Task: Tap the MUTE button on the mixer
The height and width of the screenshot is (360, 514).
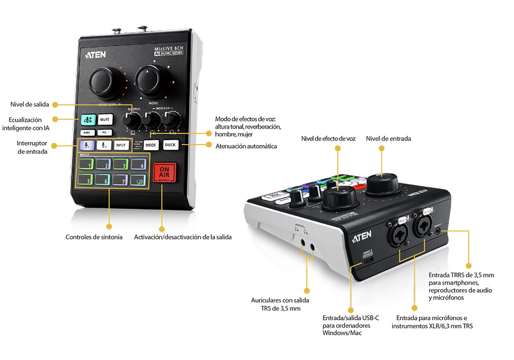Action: [x=104, y=119]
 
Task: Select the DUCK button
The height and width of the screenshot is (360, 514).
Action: [x=170, y=145]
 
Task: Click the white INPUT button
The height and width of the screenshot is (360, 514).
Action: [x=121, y=146]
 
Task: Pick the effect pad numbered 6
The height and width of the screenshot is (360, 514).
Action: [x=103, y=181]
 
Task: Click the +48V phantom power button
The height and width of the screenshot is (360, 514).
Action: [x=86, y=132]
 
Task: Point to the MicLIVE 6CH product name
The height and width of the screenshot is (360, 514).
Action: [x=170, y=49]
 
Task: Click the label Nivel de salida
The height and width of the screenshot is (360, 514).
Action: [x=30, y=104]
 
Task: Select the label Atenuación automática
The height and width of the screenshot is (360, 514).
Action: [x=246, y=146]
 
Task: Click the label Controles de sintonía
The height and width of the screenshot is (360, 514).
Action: [x=94, y=237]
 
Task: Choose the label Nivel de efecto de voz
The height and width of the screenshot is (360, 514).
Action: [x=328, y=138]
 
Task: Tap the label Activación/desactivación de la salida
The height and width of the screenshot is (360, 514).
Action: [x=183, y=237]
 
